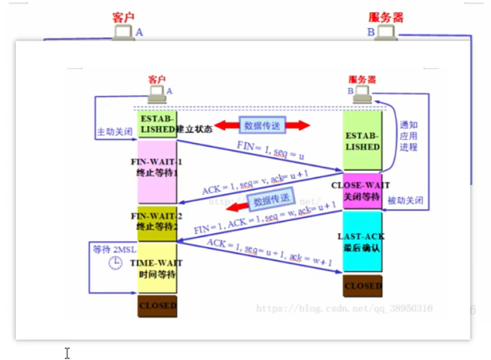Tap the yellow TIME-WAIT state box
point(157,267)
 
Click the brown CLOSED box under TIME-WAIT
point(157,306)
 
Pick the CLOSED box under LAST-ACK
point(362,287)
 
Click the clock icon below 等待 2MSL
point(114,263)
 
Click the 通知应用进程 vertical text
point(409,136)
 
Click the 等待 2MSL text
point(113,249)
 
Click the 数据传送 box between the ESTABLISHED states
point(262,126)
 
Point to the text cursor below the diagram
point(67,352)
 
